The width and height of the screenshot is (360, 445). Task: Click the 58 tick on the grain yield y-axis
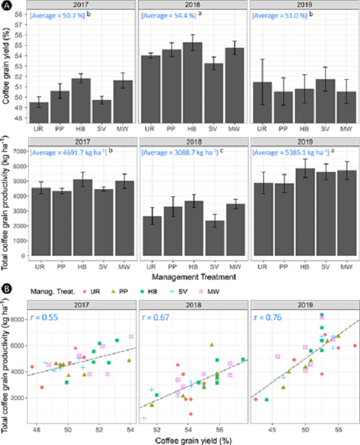[x=19, y=14]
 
